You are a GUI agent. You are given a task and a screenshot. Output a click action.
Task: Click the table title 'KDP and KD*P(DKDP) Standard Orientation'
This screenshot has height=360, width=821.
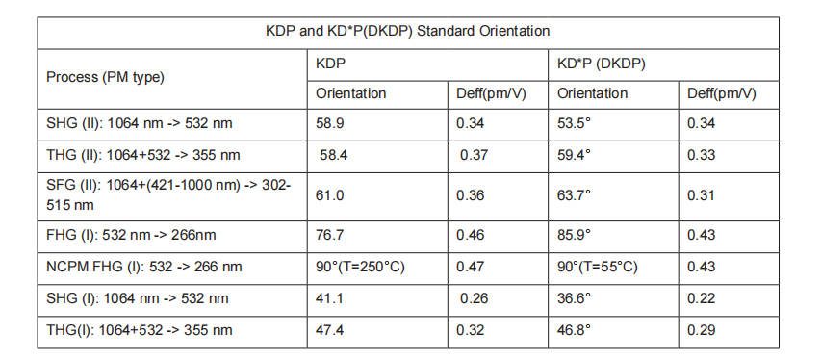pos(408,31)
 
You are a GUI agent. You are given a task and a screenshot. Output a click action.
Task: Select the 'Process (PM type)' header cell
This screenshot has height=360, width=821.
pos(106,76)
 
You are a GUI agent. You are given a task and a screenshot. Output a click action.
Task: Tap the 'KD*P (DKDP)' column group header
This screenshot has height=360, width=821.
pos(602,63)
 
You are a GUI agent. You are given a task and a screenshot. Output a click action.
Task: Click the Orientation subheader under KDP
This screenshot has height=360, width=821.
pos(351,93)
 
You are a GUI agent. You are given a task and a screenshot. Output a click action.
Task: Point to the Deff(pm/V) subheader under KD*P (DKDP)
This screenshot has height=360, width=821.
pos(722,93)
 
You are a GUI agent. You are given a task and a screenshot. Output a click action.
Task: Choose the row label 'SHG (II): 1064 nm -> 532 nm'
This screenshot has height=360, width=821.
pos(140,124)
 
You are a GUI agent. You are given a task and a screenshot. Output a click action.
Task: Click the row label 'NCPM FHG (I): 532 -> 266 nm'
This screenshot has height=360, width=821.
pos(144,267)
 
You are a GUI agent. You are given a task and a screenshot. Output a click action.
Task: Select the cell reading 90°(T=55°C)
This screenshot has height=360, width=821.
pos(598,267)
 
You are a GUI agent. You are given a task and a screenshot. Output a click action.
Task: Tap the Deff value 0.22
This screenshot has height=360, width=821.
pos(702,298)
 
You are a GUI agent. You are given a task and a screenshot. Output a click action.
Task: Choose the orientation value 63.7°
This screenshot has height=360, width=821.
pos(575,195)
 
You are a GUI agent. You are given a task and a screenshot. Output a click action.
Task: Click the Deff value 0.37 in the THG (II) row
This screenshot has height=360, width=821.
pos(474,154)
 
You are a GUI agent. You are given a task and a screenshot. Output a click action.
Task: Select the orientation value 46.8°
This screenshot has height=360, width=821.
pos(575,330)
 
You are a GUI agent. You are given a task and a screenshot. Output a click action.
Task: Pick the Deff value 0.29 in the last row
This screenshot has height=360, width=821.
pos(702,330)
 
